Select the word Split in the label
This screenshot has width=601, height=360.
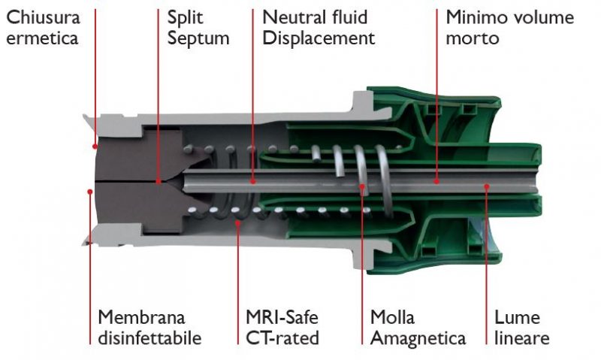(184, 17)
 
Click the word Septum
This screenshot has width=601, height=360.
(198, 38)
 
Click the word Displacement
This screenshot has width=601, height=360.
(319, 38)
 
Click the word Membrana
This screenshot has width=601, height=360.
(140, 317)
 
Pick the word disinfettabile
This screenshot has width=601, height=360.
(149, 338)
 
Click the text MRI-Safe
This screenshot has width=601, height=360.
(282, 317)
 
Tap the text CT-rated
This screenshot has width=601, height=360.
(282, 338)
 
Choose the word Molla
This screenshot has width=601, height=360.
(393, 317)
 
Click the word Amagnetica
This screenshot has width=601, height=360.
(418, 338)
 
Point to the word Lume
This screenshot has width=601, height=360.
(516, 317)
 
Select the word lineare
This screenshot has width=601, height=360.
(521, 338)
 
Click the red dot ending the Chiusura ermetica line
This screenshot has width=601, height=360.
(95, 146)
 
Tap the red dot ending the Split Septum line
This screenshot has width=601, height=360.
(159, 181)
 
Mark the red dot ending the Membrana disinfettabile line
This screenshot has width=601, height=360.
(90, 192)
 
